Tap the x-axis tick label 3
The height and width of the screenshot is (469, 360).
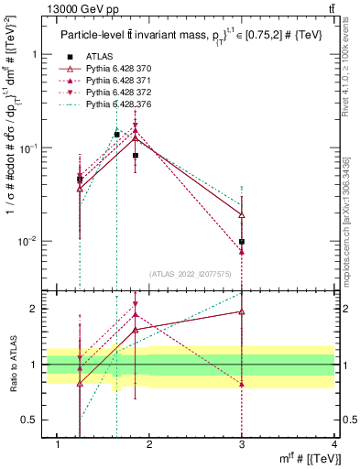point(242,444)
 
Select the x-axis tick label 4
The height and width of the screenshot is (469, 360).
point(334,444)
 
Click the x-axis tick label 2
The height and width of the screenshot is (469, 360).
point(150,444)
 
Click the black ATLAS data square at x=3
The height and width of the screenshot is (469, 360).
point(242,242)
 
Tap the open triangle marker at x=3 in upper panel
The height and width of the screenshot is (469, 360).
point(242,214)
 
